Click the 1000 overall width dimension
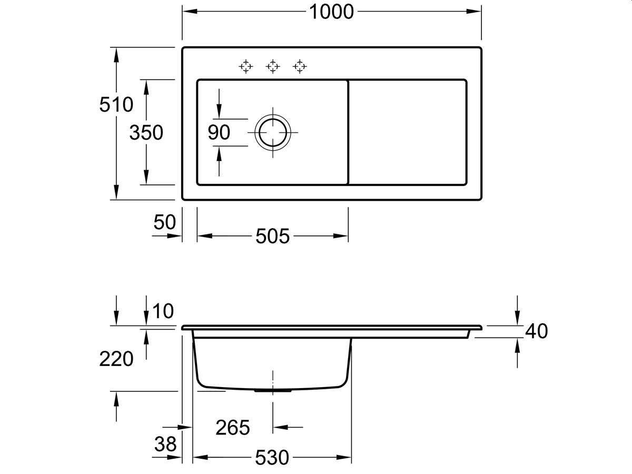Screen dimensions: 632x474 click(x=331, y=12)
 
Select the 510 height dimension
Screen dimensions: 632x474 click(x=116, y=104)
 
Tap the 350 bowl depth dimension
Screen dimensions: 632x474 click(x=146, y=133)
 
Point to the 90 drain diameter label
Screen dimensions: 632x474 click(x=219, y=132)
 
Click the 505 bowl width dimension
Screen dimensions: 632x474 click(x=272, y=236)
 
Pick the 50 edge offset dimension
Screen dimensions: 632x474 click(x=164, y=222)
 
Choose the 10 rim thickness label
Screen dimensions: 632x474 click(x=163, y=311)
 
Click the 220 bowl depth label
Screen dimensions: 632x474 click(x=116, y=359)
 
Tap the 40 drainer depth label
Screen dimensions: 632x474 click(x=536, y=331)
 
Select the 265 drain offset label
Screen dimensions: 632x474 click(x=233, y=427)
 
